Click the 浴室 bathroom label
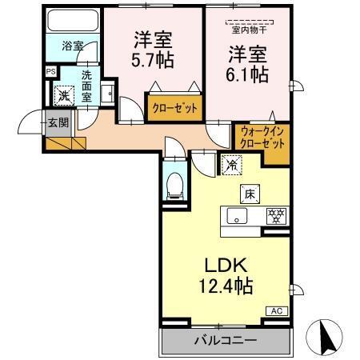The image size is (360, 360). point(72,46)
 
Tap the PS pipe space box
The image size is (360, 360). point(51,71)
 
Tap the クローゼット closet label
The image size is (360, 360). point(173,106)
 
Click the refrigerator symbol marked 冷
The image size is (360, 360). point(230,166)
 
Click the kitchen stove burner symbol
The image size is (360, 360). point(276,214)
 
